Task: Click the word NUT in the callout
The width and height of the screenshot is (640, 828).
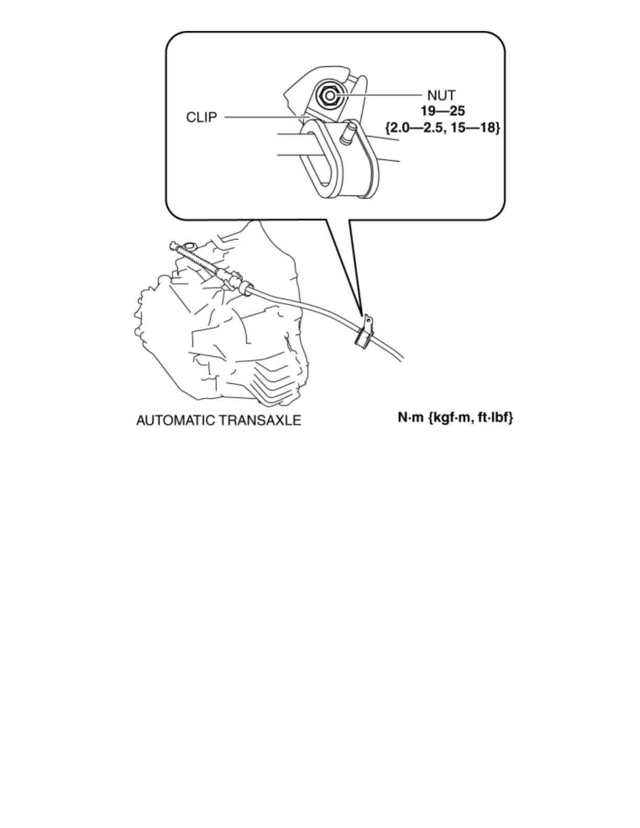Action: pos(441,96)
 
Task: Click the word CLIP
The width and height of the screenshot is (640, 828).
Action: pos(201,118)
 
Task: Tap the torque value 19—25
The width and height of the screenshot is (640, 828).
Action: pos(443,111)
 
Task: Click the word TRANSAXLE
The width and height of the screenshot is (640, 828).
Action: pos(267,420)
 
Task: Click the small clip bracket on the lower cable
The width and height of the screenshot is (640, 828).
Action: pos(364,332)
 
